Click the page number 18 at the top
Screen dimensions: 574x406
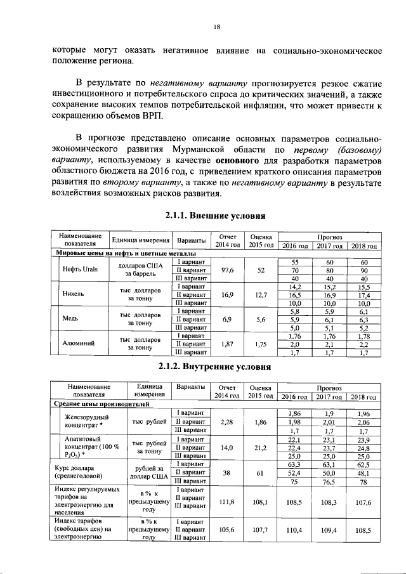click(216, 27)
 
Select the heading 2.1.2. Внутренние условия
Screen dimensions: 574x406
click(214, 367)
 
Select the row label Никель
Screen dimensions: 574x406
click(74, 294)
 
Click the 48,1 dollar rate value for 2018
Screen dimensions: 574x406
click(363, 473)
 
